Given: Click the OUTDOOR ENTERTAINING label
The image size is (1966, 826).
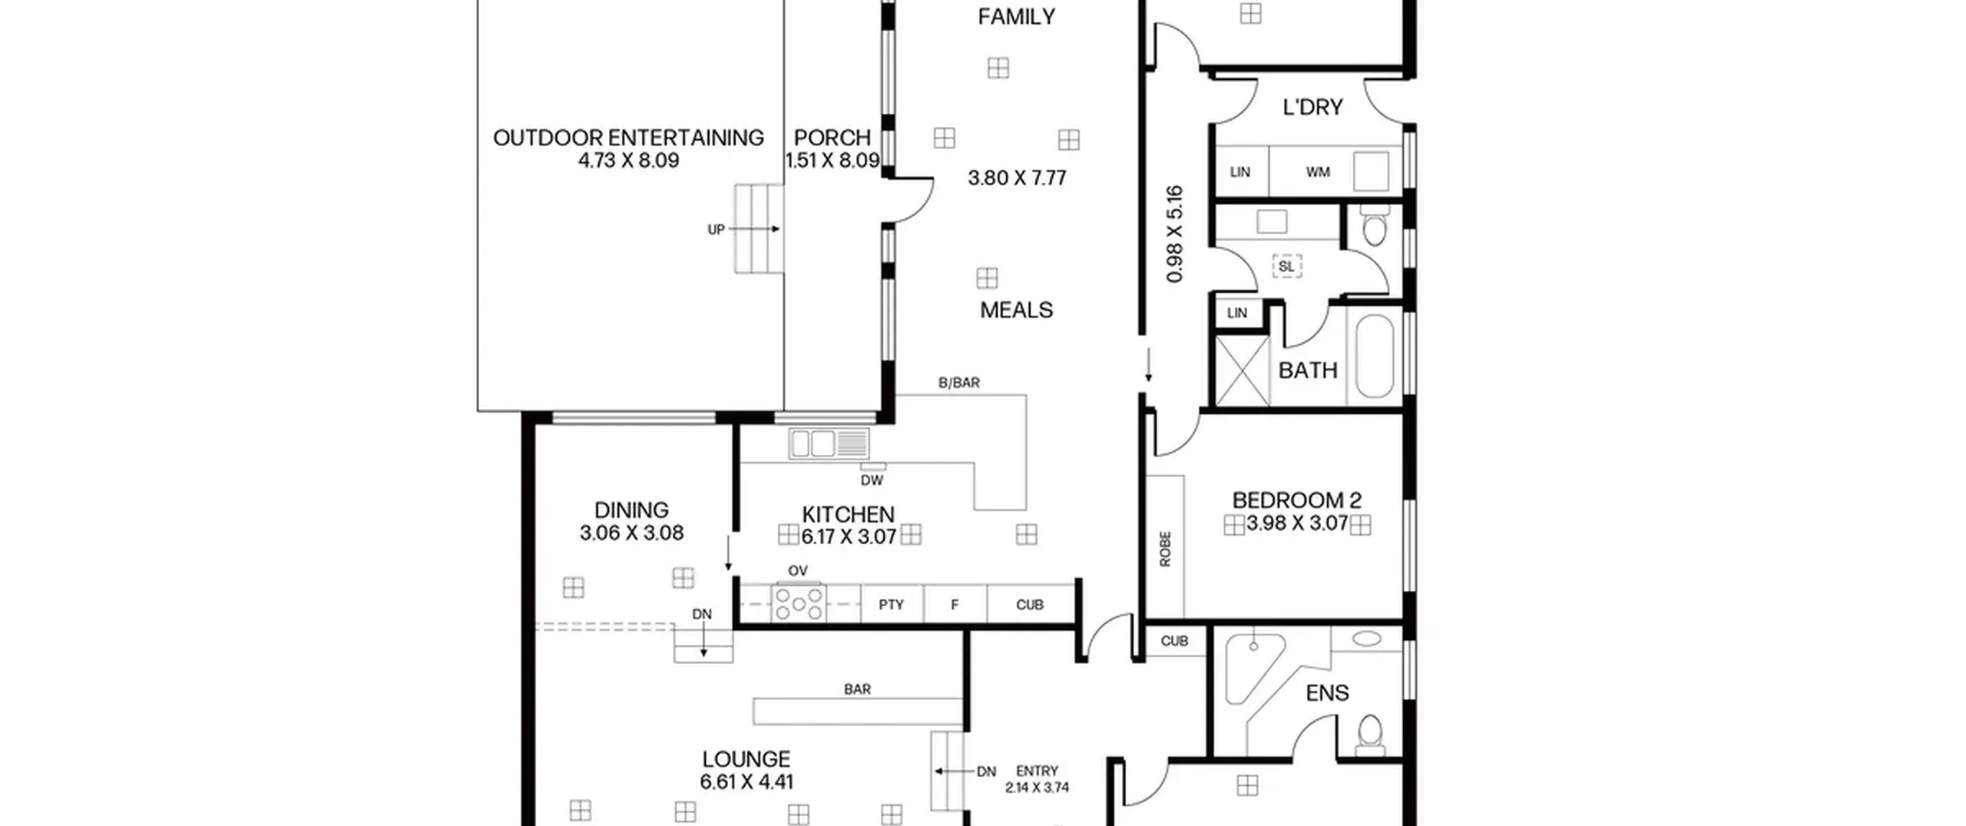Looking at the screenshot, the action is [628, 138].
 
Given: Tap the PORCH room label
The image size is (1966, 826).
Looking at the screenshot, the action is [832, 138].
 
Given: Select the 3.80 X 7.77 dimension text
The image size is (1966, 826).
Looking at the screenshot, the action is [1017, 178].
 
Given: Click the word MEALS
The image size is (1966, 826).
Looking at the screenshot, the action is [1016, 310].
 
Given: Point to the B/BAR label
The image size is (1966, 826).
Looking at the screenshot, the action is [959, 382].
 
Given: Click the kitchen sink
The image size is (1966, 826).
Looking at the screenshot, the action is [829, 444].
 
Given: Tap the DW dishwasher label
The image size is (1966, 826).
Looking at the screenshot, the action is [872, 480].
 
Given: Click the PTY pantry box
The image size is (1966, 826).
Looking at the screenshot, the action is [892, 604].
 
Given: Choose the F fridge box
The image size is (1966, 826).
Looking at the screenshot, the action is [955, 604].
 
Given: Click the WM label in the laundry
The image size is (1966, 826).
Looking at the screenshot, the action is [1318, 172].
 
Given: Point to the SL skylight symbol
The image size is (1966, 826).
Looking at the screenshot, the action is [1286, 267].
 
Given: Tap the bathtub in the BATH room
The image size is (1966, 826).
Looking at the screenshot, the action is [1374, 356].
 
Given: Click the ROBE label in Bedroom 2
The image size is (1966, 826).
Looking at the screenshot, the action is [1165, 549].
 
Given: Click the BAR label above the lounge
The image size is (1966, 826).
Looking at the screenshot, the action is [857, 689].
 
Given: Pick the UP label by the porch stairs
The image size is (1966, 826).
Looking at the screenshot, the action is [716, 229].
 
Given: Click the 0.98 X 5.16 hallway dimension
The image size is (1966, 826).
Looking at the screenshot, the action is [1174, 234].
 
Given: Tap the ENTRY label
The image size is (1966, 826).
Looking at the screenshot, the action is [1037, 771].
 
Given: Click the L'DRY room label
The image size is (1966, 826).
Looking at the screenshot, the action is [1312, 107].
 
